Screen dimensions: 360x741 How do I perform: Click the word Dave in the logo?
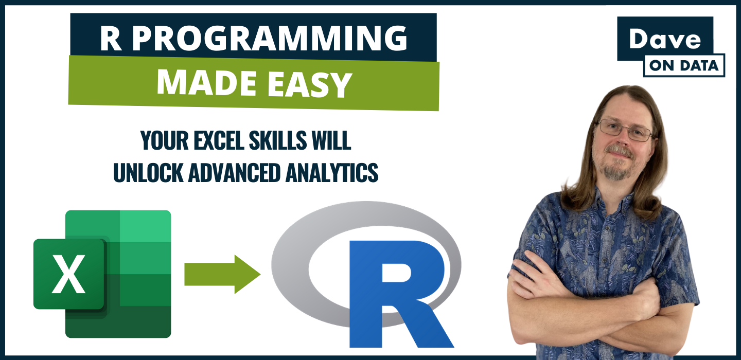click(x=665, y=39)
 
